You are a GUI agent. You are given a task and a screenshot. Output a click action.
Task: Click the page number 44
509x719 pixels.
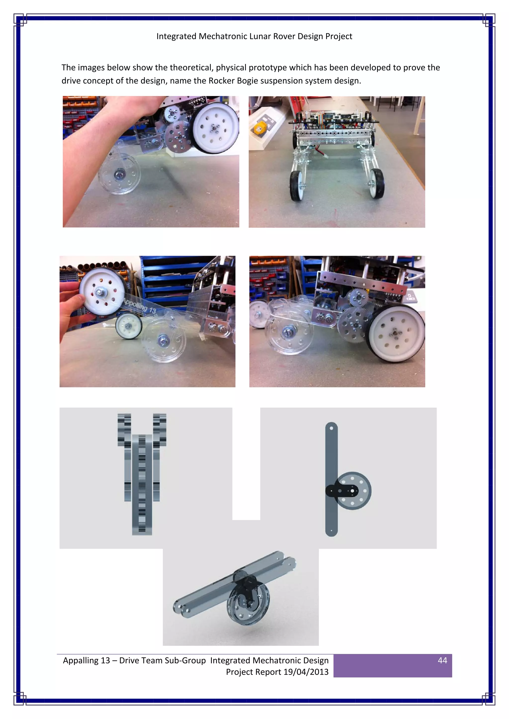click(x=442, y=660)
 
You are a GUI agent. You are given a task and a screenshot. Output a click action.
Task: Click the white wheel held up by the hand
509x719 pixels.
click(x=102, y=291)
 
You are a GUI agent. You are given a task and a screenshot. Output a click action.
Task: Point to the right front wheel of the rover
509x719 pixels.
click(x=376, y=183)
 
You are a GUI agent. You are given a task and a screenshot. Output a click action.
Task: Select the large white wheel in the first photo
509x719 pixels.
click(x=214, y=128)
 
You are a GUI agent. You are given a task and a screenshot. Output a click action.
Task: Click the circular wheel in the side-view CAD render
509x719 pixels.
click(x=353, y=491)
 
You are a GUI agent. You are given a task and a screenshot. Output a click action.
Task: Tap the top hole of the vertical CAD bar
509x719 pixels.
click(x=331, y=428)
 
